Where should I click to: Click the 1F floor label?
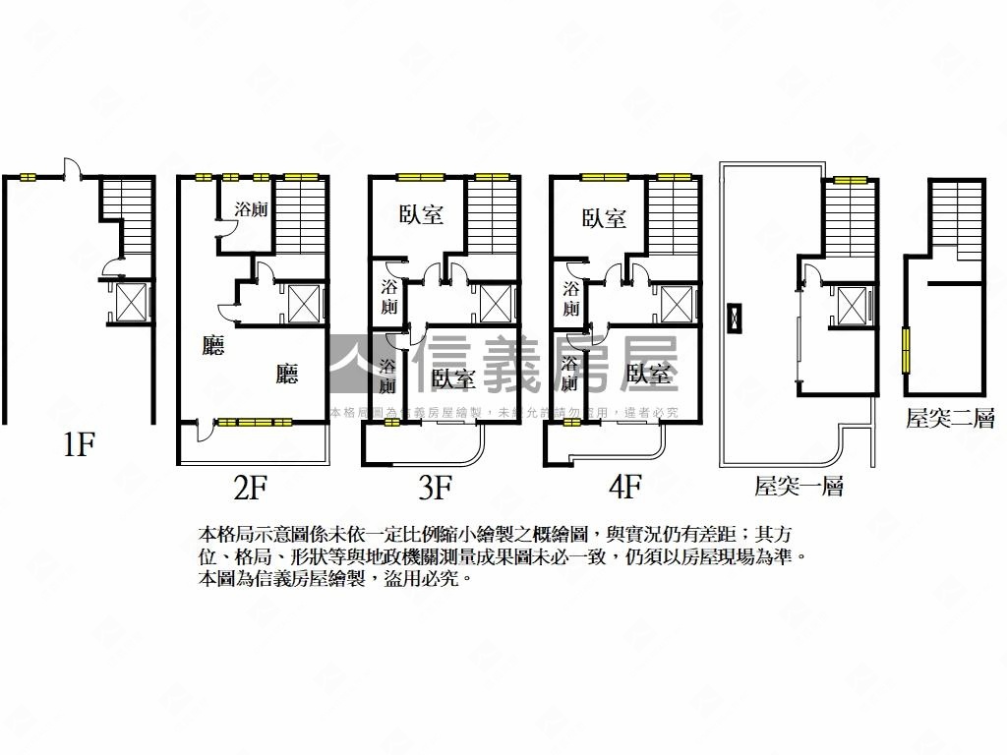point(78,445)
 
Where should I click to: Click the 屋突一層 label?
point(799,485)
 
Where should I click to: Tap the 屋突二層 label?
point(950,420)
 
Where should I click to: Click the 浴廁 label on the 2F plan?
point(252,209)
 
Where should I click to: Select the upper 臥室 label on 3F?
point(421,215)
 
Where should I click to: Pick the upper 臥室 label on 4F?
point(603,218)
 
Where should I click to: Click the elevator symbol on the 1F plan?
point(131,302)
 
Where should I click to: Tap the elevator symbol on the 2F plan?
point(304,304)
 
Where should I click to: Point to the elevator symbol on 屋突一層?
point(854,304)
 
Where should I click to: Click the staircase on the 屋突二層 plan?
point(957,221)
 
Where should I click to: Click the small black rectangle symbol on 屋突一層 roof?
point(733,320)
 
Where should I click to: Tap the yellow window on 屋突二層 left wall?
point(906,349)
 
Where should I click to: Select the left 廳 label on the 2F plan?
point(212,346)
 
